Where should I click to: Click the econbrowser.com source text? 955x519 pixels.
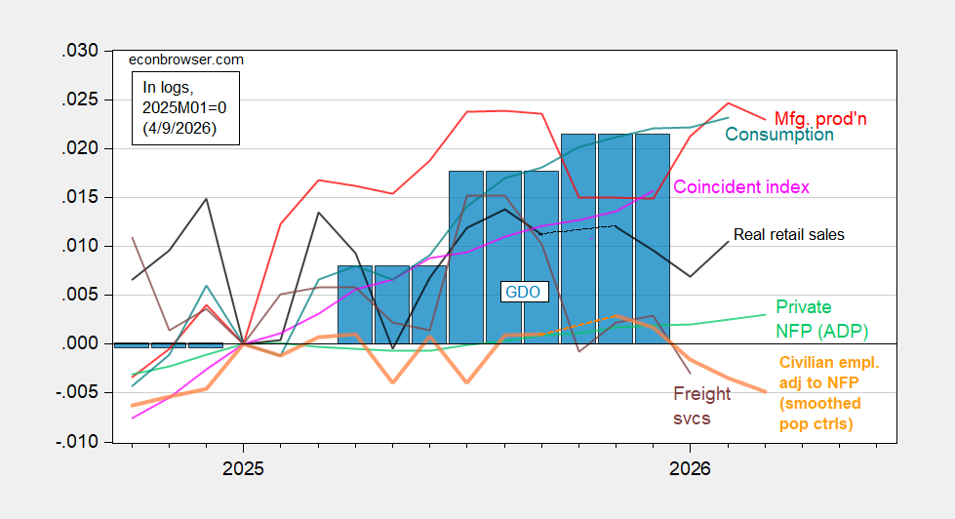[186, 60]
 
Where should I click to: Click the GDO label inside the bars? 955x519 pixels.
[521, 291]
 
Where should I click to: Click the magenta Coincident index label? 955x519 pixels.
[741, 186]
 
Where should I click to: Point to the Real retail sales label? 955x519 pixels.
[788, 234]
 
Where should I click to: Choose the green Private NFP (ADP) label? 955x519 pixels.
[821, 318]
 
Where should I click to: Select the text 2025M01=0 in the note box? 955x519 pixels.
[184, 107]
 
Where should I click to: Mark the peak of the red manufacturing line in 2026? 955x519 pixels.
[728, 103]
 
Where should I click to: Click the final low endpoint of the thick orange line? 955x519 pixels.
[765, 391]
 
